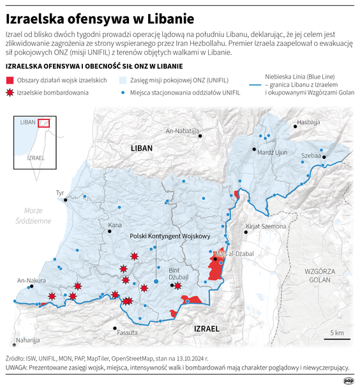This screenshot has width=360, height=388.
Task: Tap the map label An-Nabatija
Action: pos(182,131)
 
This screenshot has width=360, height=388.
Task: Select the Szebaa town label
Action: pos(311,155)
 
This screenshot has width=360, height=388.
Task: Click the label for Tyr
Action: pos(61,192)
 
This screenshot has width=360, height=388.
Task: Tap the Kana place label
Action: pos(115,225)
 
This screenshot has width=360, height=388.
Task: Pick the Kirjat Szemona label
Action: pos(266,227)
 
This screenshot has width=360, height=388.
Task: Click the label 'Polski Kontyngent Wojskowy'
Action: pos(170,236)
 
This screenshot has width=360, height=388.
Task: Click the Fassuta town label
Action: pos(127,332)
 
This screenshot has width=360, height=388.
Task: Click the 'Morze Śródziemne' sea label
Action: pos(37,216)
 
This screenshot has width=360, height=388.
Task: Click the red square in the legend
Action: pos(9,80)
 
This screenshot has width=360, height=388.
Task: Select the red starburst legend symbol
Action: pos(9,93)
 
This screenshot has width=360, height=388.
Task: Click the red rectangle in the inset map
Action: pos(43,123)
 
